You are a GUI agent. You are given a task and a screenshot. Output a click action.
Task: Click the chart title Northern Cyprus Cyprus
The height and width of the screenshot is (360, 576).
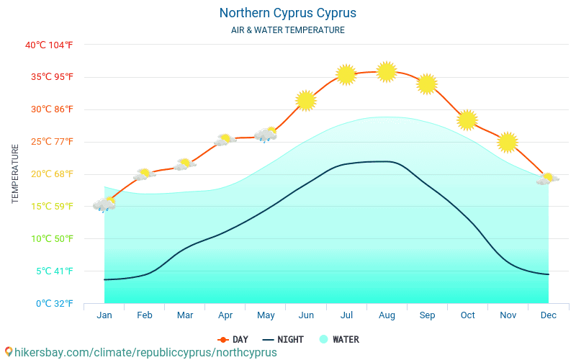pos(287,13)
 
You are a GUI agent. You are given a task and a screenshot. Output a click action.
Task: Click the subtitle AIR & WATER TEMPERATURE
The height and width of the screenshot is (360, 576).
pos(287,30)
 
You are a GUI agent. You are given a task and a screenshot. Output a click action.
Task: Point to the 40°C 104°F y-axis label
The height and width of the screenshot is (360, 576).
pos(49,45)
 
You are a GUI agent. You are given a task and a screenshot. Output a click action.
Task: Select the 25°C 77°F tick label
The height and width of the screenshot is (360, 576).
pos(49,142)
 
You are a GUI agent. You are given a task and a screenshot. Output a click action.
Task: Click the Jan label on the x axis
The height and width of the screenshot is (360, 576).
pos(104,315)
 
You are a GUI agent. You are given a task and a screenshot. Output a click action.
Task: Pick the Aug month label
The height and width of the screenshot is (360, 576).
pos(387,315)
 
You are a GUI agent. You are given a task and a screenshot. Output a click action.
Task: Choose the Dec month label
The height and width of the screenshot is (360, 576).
pos(548,315)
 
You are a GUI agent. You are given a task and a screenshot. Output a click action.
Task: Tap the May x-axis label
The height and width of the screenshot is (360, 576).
pos(266,315)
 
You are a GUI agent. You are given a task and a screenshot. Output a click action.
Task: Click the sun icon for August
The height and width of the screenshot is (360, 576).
pos(387,72)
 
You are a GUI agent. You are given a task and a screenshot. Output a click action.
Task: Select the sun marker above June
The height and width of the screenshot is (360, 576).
pos(306,101)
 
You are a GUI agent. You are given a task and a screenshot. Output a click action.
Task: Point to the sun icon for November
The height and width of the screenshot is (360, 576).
pos(508,143)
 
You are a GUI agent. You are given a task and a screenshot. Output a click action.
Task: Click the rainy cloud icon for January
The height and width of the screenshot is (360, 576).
pos(104,204)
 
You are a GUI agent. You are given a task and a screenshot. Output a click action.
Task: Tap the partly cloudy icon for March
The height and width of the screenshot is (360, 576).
pos(185,164)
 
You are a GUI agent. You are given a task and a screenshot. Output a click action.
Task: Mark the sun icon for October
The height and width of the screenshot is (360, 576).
pos(467,120)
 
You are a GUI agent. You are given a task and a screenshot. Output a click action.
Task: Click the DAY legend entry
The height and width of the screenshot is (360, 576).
pos(233,339)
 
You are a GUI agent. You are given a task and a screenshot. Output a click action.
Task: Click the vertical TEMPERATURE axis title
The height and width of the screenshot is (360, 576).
pos(15,174)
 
